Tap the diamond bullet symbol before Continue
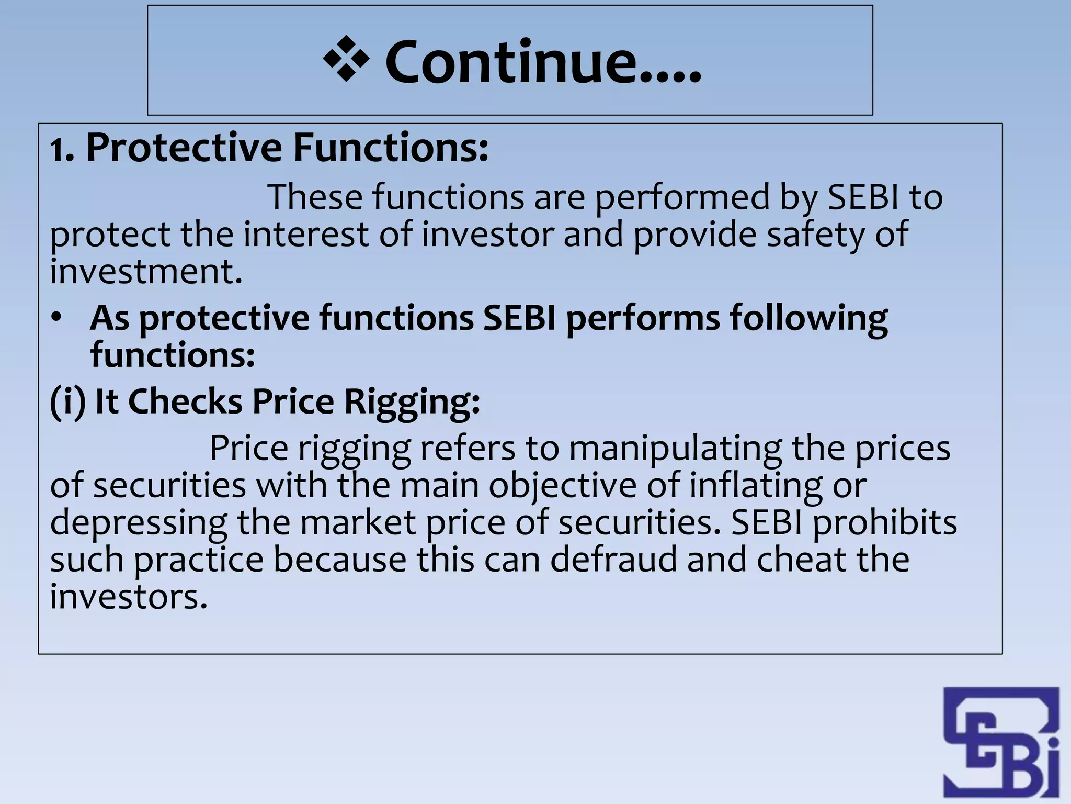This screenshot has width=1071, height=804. [346, 60]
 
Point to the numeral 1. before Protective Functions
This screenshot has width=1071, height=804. [62, 151]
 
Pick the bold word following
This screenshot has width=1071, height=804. [808, 319]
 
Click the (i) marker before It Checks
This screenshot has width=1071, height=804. [67, 402]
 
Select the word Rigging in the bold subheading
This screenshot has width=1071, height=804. [412, 402]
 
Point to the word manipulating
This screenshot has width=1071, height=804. [675, 449]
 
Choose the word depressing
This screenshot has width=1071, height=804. [139, 523]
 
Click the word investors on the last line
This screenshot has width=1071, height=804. [129, 597]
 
